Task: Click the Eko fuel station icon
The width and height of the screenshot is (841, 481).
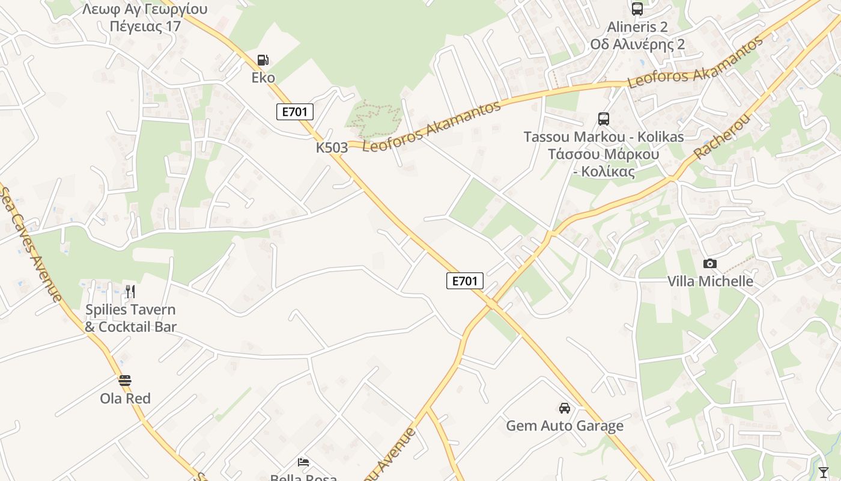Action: [x=263, y=60]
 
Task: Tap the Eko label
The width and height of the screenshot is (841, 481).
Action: [x=263, y=78]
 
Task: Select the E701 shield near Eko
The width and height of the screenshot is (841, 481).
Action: [x=295, y=112]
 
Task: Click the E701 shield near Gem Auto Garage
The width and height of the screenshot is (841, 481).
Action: [x=465, y=281]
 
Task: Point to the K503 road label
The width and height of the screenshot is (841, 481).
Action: [x=332, y=147]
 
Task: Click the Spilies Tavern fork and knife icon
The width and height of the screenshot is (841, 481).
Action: [x=130, y=292]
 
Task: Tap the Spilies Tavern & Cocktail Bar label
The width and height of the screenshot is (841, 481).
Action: [x=130, y=318]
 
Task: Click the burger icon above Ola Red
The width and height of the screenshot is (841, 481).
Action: [x=125, y=381]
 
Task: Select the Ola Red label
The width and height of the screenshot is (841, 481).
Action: [x=125, y=398]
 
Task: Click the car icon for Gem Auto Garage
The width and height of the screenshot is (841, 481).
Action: [x=565, y=408]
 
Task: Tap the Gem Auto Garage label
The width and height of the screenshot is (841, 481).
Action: [x=565, y=426]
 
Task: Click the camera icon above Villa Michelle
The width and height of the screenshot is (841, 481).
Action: [x=710, y=263]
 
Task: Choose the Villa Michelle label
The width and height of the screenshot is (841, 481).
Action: [x=710, y=281]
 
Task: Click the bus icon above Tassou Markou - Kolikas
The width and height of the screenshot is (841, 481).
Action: [x=604, y=119]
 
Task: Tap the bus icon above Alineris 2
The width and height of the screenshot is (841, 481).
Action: [x=637, y=9]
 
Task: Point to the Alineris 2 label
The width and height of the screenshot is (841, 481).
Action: [x=637, y=27]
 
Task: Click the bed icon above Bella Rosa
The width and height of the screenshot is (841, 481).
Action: [x=303, y=462]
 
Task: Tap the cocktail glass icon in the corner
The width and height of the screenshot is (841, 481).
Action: [x=824, y=473]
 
